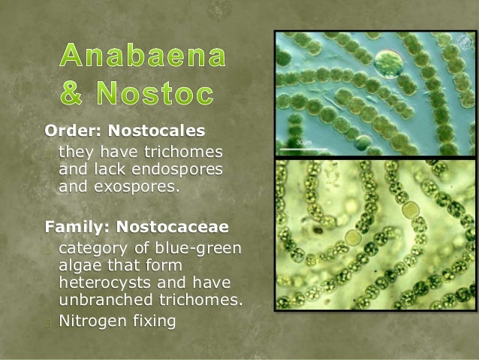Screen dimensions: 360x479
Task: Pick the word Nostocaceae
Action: click(x=173, y=225)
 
